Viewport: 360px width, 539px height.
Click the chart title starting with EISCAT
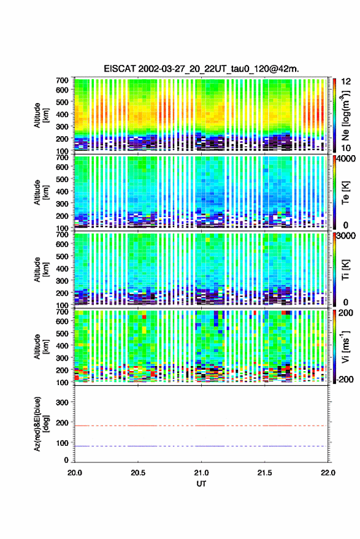[202, 69]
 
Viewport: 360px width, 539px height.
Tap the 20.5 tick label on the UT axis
[138, 473]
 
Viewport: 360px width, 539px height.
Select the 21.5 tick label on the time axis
[264, 473]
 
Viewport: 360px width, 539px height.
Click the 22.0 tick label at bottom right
[328, 473]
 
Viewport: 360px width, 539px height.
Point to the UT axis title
[201, 484]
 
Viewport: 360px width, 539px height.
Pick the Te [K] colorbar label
[345, 193]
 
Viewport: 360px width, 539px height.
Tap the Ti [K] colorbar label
[345, 270]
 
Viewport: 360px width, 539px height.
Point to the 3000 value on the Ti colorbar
[347, 236]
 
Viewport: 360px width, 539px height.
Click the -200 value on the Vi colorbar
[345, 380]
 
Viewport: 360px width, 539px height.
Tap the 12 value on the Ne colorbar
[346, 82]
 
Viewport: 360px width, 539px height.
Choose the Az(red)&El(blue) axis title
[41, 424]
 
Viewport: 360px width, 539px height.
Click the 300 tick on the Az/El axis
[62, 402]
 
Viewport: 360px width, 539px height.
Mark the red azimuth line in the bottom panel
[201, 426]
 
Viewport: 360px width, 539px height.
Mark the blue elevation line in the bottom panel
[201, 446]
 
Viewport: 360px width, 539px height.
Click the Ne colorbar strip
[334, 115]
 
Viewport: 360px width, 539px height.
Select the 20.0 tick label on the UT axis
[75, 473]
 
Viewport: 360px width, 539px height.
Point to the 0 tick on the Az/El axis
[66, 460]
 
